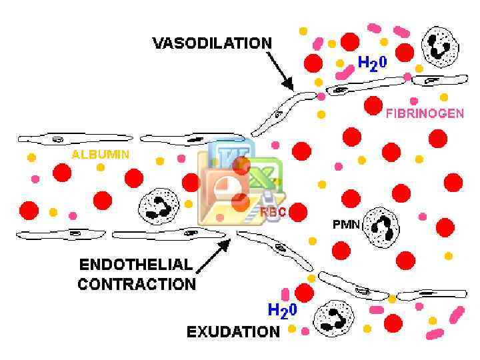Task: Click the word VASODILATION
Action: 212,43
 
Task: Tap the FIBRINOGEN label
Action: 424,113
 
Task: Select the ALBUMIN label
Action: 101,154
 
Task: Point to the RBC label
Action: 273,211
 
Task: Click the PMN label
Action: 346,225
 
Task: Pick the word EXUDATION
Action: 233,331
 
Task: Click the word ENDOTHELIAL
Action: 135,264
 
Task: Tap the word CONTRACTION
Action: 137,284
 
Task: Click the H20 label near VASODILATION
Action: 374,63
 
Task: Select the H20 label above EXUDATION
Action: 282,310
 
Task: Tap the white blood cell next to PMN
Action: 382,227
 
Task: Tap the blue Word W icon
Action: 228,157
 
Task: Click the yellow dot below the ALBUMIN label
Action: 101,167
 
